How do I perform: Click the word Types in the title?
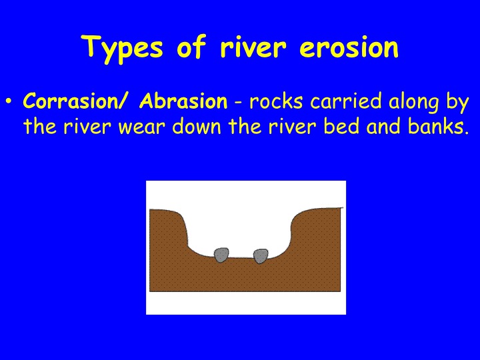pyautogui.click(x=122, y=48)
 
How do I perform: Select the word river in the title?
pyautogui.click(x=253, y=47)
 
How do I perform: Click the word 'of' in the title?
pyautogui.click(x=191, y=46)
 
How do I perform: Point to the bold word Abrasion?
pyautogui.click(x=183, y=101)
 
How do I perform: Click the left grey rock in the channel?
pyautogui.click(x=221, y=255)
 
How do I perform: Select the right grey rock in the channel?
pyautogui.click(x=261, y=256)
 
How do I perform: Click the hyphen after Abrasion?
pyautogui.click(x=238, y=103)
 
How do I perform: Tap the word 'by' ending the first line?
pyautogui.click(x=457, y=103)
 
